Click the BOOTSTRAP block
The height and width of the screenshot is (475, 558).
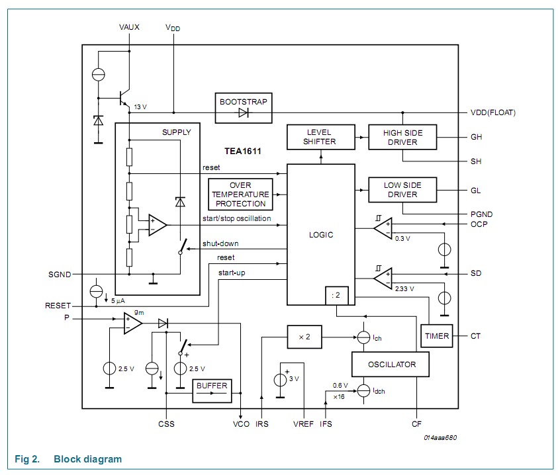click(x=243, y=108)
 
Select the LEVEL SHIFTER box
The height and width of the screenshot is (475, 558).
click(x=320, y=136)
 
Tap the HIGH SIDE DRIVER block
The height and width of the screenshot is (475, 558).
click(x=403, y=137)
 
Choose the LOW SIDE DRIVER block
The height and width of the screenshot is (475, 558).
click(x=403, y=190)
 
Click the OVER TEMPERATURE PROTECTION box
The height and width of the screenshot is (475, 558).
click(x=240, y=194)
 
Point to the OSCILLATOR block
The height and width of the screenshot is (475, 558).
click(x=392, y=365)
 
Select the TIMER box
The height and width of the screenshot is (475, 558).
click(x=437, y=336)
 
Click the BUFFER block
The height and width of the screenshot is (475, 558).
click(x=212, y=390)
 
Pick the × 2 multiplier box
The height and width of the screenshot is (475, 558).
click(x=304, y=337)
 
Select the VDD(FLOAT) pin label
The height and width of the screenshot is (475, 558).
click(x=492, y=112)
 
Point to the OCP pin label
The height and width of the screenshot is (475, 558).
click(x=479, y=224)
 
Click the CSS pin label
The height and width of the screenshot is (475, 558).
click(x=166, y=423)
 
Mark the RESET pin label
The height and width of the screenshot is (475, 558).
click(x=58, y=306)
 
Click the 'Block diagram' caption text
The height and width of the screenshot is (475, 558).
click(x=87, y=458)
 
